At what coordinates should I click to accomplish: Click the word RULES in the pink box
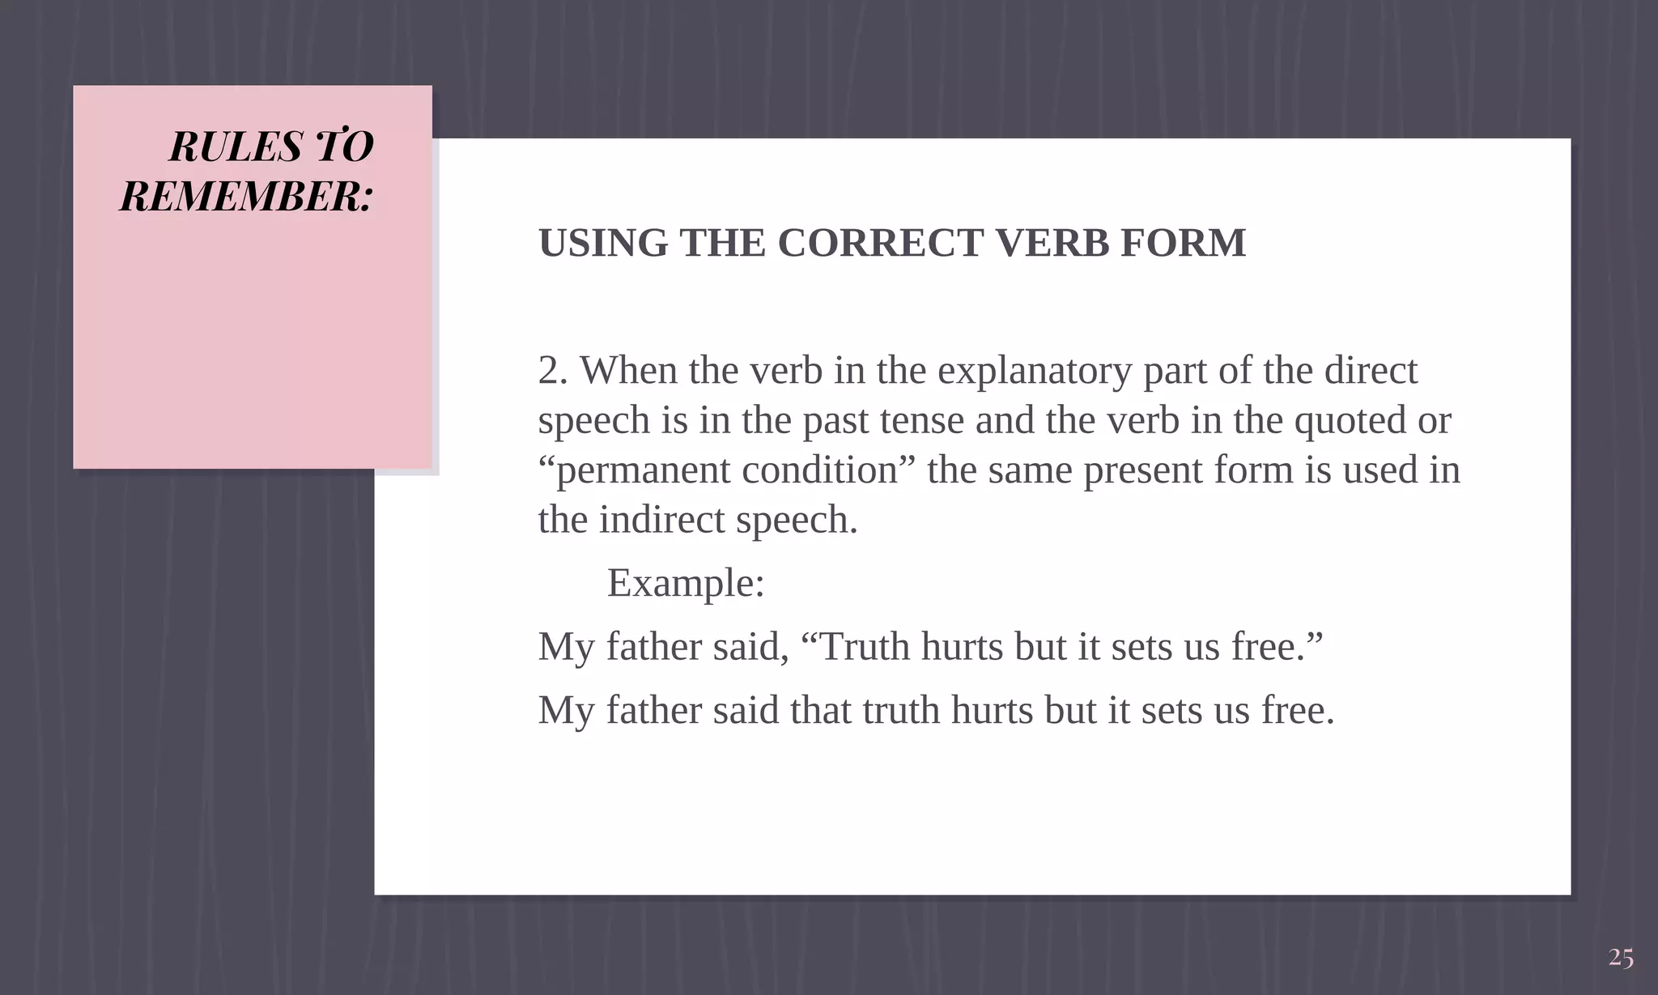(x=236, y=147)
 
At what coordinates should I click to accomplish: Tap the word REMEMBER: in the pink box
(x=246, y=197)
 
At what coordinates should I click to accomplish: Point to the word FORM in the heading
(x=1183, y=243)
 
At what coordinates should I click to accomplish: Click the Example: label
(x=686, y=583)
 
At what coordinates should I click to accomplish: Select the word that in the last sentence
(x=820, y=710)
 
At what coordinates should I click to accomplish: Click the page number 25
(x=1621, y=958)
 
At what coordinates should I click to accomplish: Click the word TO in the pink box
(x=343, y=147)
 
